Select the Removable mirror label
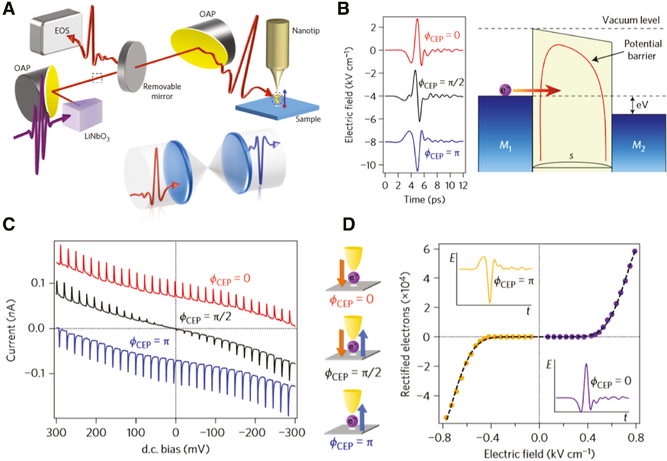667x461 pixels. click(x=162, y=91)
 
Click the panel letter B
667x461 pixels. click(x=343, y=9)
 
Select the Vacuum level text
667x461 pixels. click(x=631, y=20)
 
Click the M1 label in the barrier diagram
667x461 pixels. click(x=505, y=146)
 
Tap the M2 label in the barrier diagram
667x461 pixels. click(x=638, y=146)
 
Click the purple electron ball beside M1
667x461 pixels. click(x=505, y=90)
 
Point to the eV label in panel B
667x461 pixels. click(x=642, y=105)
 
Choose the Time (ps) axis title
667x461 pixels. click(x=424, y=199)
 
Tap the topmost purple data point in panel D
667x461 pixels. click(x=635, y=252)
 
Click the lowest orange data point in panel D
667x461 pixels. click(x=446, y=418)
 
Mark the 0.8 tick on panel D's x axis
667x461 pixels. click(x=636, y=438)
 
